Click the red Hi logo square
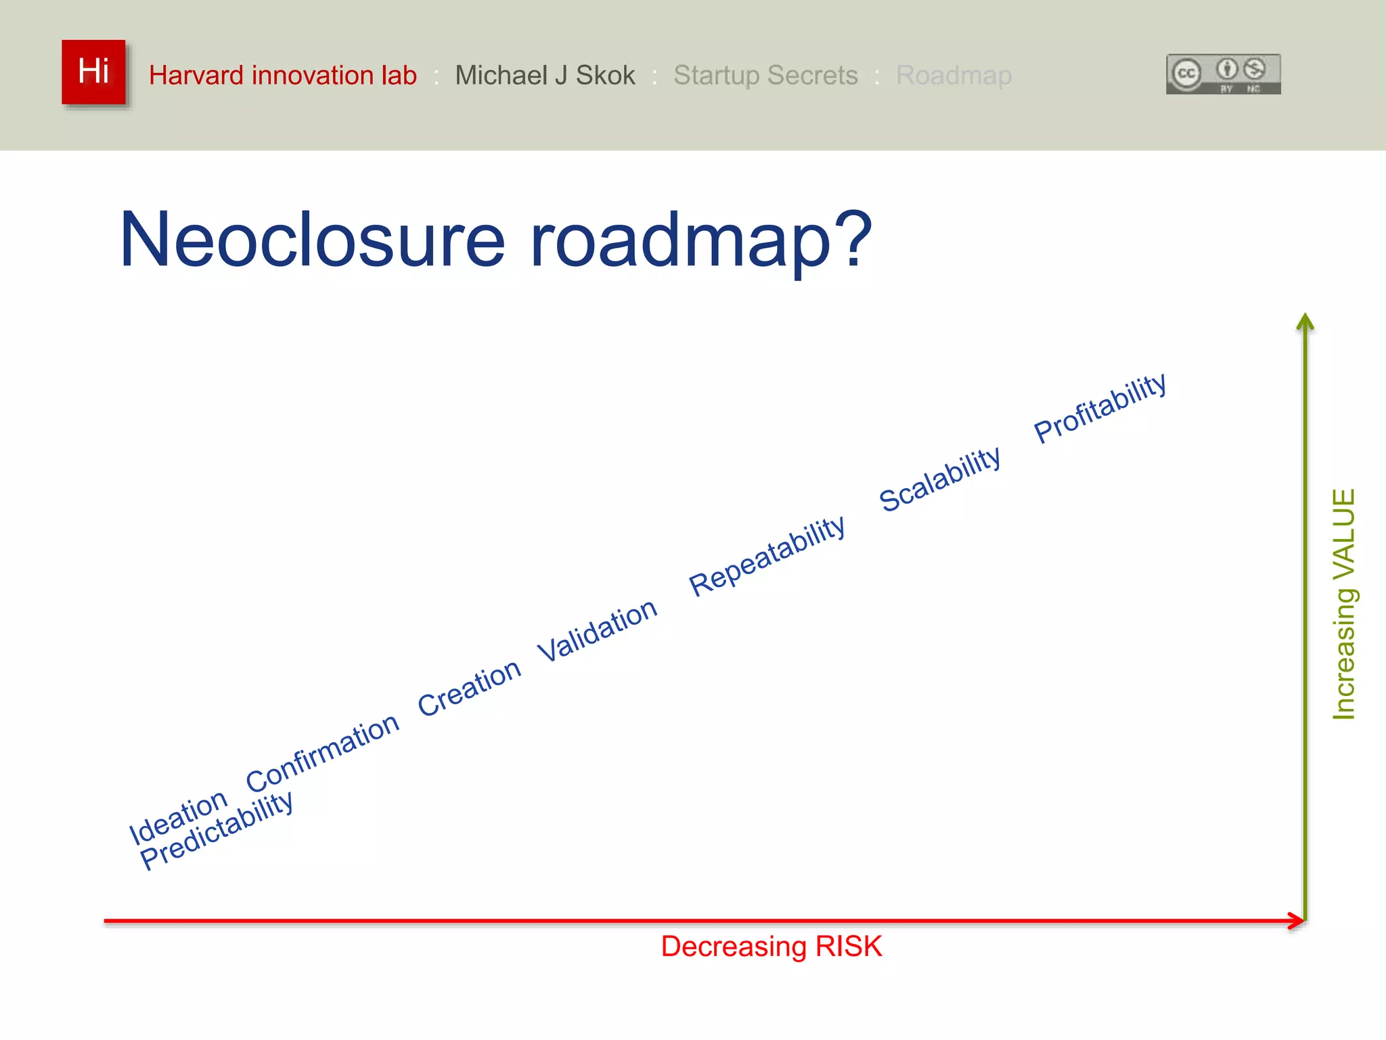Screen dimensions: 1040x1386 point(93,72)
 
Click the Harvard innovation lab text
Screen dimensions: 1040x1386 point(282,75)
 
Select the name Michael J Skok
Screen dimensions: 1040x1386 point(545,75)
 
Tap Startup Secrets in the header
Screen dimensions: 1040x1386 point(765,75)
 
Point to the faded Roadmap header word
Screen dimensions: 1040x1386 point(953,75)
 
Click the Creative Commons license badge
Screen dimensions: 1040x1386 point(1223,74)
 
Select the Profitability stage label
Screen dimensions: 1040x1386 point(1100,408)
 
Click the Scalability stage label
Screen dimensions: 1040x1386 point(939,479)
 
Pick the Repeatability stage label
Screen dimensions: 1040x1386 point(767,556)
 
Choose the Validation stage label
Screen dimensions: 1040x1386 point(597,630)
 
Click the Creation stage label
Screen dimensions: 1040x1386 point(469,687)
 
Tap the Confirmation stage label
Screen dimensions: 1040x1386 point(322,752)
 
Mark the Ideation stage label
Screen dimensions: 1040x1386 point(178,817)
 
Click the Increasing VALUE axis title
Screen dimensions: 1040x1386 point(1343,604)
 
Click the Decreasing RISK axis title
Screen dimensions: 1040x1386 point(771,947)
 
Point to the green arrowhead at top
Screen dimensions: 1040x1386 point(1305,322)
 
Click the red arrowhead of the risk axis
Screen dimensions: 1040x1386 point(1297,921)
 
